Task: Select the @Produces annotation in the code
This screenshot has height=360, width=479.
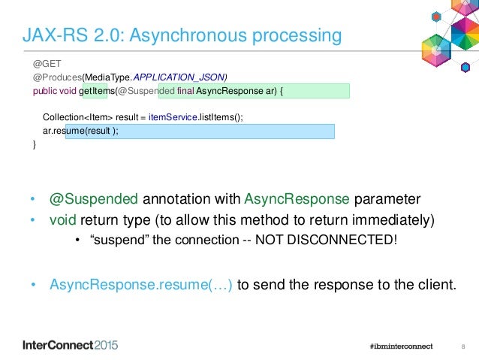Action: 57,77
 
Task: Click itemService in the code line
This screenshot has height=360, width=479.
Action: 166,118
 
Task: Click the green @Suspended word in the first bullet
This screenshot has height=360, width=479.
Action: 94,200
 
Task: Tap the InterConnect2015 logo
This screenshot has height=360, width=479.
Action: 71,346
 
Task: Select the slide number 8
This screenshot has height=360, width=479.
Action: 463,346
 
